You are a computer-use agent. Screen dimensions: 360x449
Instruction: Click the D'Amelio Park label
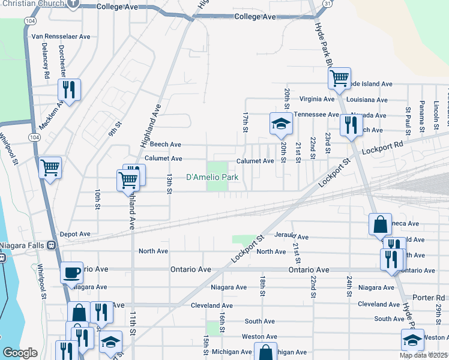click(212, 177)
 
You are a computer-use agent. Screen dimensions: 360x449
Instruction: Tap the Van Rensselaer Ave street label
click(61, 37)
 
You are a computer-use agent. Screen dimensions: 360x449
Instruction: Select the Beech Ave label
click(165, 144)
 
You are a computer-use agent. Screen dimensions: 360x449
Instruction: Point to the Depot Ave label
click(75, 234)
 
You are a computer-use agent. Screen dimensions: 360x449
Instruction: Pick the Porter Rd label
click(429, 297)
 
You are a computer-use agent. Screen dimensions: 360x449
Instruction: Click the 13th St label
click(170, 184)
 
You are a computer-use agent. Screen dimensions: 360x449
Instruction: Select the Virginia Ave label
click(317, 99)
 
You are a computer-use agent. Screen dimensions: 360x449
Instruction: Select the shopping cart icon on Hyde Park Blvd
click(339, 77)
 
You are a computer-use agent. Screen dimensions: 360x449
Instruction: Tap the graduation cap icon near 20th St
click(280, 124)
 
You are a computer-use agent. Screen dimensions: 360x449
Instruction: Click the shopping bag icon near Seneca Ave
click(380, 224)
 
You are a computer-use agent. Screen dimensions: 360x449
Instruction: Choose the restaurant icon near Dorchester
click(69, 89)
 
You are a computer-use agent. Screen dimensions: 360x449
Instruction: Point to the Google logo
click(20, 353)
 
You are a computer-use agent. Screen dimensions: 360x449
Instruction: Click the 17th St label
click(246, 122)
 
